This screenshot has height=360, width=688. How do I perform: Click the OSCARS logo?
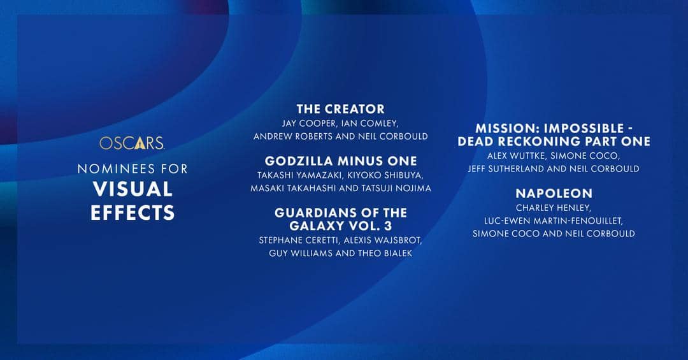pyautogui.click(x=132, y=143)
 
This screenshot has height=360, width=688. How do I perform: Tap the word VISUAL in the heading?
pyautogui.click(x=133, y=189)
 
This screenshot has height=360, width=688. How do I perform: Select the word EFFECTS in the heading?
pyautogui.click(x=133, y=212)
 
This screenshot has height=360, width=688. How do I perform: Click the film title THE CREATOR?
pyautogui.click(x=340, y=109)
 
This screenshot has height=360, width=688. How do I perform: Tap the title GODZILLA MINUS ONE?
pyautogui.click(x=341, y=161)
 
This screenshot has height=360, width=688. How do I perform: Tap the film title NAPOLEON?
pyautogui.click(x=554, y=193)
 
